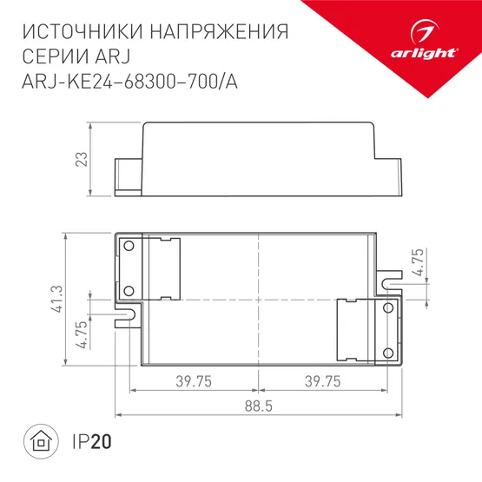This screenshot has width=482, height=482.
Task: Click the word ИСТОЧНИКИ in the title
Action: point(79,32)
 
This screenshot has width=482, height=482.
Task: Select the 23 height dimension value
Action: point(81,159)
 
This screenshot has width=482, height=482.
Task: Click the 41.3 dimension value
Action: point(55,299)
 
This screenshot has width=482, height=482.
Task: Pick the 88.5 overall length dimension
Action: point(259,406)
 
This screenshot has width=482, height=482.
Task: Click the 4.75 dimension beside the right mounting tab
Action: point(419,263)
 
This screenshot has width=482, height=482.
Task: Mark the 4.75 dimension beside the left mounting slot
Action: point(81,333)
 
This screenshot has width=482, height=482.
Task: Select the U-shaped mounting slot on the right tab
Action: point(389,284)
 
